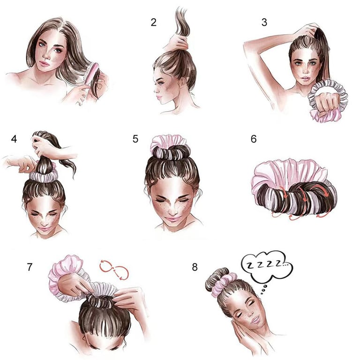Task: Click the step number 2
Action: (154, 22)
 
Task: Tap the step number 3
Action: (264, 22)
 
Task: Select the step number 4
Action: (14, 139)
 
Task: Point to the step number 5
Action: (135, 139)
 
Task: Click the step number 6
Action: (254, 139)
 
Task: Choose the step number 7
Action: (30, 267)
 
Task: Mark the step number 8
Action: (195, 267)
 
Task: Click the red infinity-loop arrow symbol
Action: (114, 270)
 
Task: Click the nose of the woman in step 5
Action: (174, 210)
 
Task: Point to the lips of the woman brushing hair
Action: (44, 64)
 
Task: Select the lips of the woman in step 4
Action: (44, 229)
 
